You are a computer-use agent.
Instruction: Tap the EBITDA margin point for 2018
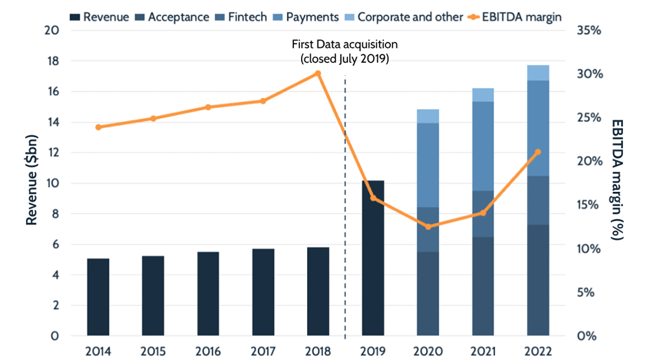click(318, 73)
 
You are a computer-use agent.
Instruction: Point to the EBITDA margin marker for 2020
click(428, 226)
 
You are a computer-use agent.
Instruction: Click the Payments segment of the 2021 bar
click(483, 146)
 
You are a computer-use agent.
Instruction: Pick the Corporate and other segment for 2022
click(538, 73)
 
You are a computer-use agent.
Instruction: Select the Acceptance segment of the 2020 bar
click(428, 294)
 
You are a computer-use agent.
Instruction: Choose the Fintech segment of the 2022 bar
click(538, 200)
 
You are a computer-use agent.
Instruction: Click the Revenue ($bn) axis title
click(31, 184)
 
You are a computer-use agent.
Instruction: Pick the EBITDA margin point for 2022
click(537, 152)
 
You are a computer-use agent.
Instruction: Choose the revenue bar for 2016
click(208, 294)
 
